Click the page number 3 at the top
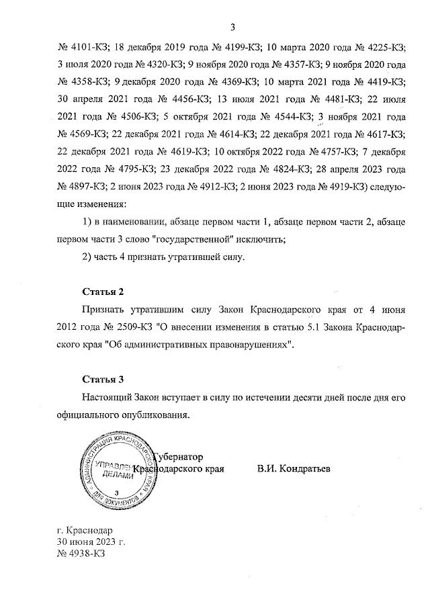pyautogui.click(x=232, y=28)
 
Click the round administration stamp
pyautogui.click(x=118, y=471)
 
